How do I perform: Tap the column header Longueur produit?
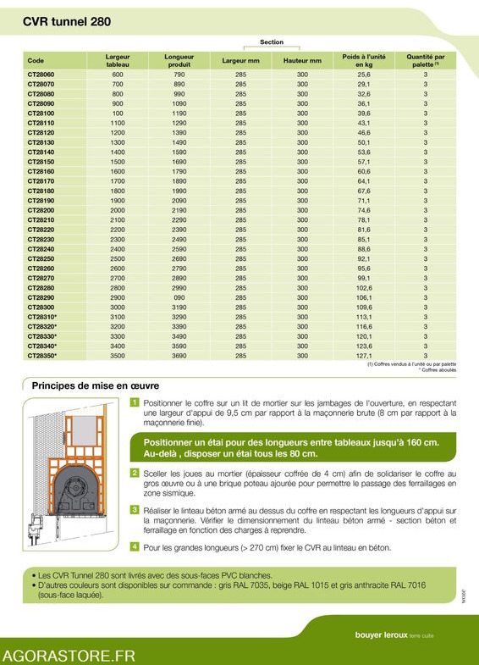click(179, 60)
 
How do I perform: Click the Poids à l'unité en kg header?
click(363, 60)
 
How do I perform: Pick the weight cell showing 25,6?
click(364, 75)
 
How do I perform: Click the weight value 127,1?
click(364, 357)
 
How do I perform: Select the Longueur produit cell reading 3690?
click(179, 357)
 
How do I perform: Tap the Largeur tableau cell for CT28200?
click(117, 210)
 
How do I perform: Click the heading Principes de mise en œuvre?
click(97, 385)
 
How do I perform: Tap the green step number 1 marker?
click(135, 402)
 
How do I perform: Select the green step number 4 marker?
click(135, 546)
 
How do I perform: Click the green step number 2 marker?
click(135, 472)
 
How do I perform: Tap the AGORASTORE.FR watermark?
click(69, 655)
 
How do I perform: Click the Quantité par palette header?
click(426, 60)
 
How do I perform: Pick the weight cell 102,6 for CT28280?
click(364, 288)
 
